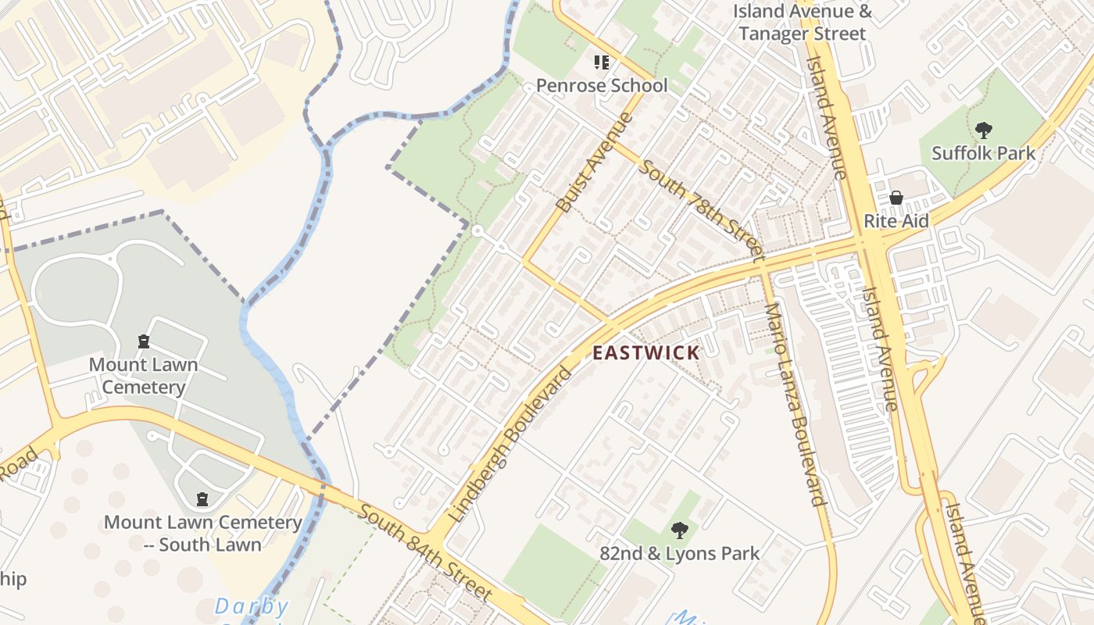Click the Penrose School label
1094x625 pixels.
[602, 85]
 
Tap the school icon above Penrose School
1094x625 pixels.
[602, 62]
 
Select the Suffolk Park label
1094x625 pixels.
[983, 153]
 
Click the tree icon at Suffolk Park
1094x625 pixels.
[983, 130]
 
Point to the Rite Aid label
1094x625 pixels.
[896, 221]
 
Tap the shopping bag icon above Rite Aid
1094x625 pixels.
[896, 198]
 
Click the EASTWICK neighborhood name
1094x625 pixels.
[645, 352]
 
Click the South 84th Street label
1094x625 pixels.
[427, 552]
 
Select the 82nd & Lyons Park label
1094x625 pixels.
[680, 554]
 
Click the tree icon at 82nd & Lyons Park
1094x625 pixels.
[680, 530]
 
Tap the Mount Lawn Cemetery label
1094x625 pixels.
[143, 376]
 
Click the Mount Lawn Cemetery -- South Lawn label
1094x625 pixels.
[202, 533]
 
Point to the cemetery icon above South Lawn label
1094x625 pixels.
[202, 499]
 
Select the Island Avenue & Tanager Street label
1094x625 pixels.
[803, 23]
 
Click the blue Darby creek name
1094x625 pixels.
[252, 606]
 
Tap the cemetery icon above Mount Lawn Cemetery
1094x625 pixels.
[143, 341]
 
